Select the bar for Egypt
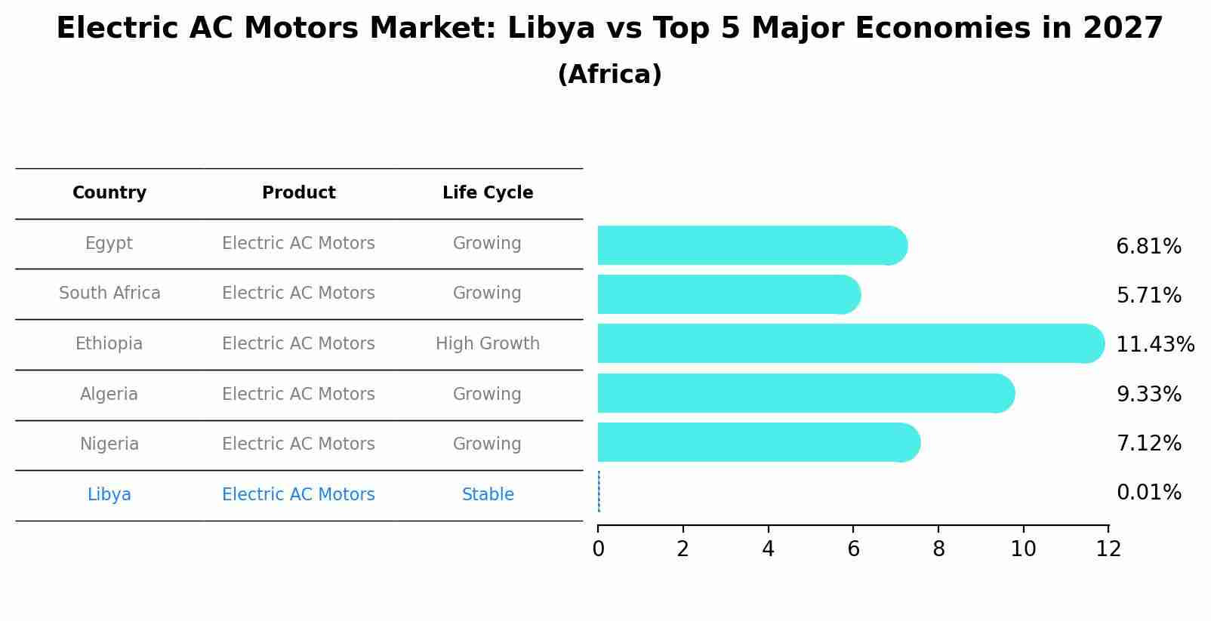point(751,245)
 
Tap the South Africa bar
point(729,294)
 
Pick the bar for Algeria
point(805,393)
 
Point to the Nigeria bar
point(758,442)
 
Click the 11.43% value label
point(1154,345)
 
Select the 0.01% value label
point(1148,493)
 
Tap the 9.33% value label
point(1148,394)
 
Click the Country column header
point(109,193)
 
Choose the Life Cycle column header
point(488,193)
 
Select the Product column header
point(298,193)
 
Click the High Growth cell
point(488,344)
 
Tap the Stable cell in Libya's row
point(488,495)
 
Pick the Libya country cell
point(109,495)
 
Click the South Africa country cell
point(109,294)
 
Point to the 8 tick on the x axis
point(938,549)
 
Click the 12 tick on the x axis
point(1108,549)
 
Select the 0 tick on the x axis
point(598,549)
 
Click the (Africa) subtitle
point(609,75)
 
